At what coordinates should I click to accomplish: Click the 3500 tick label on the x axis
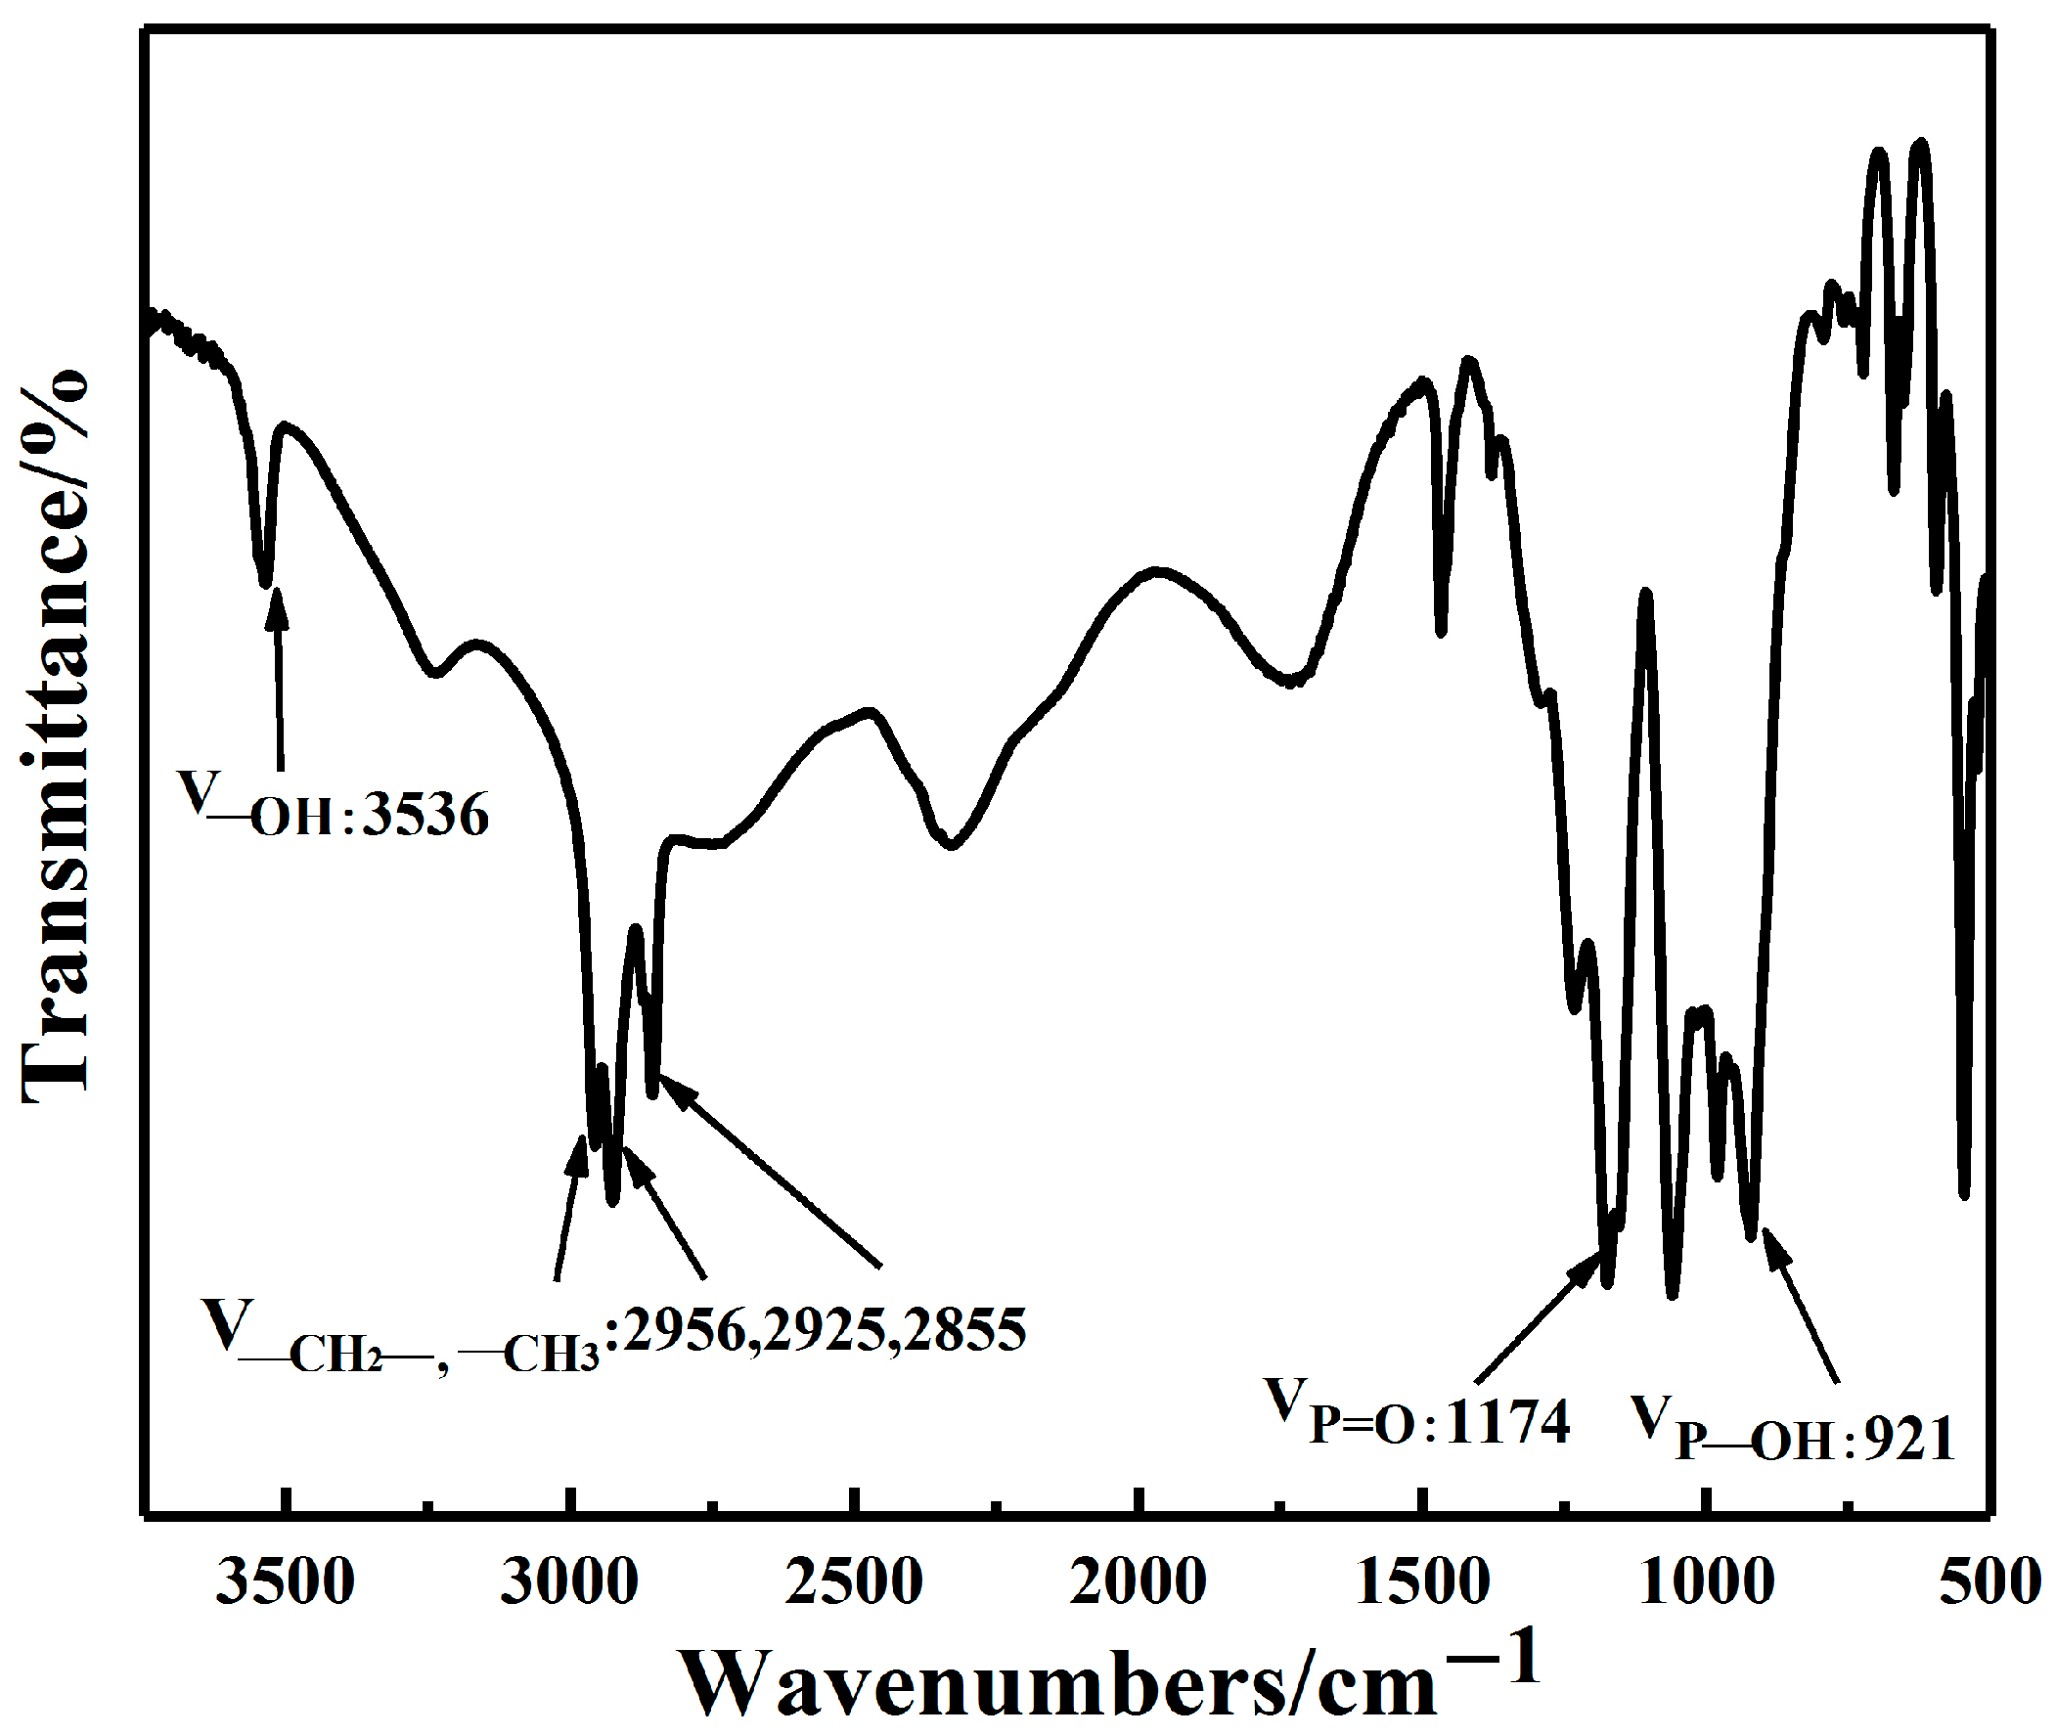pos(285,1584)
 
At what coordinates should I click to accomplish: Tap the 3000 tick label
pos(569,1584)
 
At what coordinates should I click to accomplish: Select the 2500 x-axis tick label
pos(853,1584)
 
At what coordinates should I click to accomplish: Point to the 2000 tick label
pos(1138,1584)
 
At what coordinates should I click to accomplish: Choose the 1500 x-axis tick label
pos(1422,1584)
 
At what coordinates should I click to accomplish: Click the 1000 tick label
pos(1707,1584)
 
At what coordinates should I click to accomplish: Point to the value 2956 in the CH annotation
pos(679,1329)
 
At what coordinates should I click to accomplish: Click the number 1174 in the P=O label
pos(1507,1422)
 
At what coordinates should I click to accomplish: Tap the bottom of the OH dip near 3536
pos(264,583)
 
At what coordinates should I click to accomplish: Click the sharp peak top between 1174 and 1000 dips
pos(1644,594)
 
